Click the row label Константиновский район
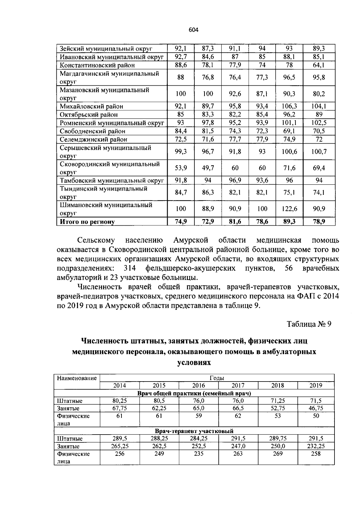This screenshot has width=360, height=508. tap(97, 65)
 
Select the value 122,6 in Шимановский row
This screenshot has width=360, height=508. tap(289, 209)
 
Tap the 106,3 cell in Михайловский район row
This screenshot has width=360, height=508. tap(289, 106)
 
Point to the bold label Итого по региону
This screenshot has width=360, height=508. tap(87, 222)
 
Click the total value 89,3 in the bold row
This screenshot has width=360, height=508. tap(289, 221)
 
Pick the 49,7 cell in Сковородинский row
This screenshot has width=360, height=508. tap(208, 168)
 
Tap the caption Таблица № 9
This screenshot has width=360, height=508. tap(309, 324)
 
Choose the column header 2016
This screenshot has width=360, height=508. tap(199, 385)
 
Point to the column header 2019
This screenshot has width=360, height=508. tap(316, 385)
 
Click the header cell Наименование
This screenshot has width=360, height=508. tap(77, 378)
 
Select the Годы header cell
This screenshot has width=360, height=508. tap(217, 378)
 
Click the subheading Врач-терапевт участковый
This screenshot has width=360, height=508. tap(194, 431)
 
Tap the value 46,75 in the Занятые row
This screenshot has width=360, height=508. tap(316, 408)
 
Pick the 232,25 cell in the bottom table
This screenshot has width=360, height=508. tap(316, 446)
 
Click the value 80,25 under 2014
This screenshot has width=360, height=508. tap(119, 401)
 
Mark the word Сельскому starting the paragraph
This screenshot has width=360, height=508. tap(96, 240)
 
